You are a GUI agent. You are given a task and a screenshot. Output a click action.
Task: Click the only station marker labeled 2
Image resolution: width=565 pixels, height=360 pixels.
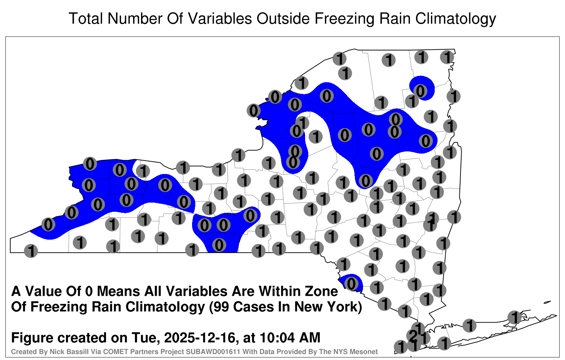click(x=413, y=336)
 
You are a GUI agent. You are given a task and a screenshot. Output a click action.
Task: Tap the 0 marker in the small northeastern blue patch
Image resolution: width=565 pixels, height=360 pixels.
click(x=420, y=91)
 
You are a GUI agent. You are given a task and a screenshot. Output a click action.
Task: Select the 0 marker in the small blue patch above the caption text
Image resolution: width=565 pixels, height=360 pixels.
click(x=351, y=283)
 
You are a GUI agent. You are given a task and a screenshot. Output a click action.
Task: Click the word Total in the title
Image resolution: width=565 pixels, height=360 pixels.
click(x=86, y=19)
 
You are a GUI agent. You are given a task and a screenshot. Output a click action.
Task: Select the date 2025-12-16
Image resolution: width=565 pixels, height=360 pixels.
click(x=200, y=337)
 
